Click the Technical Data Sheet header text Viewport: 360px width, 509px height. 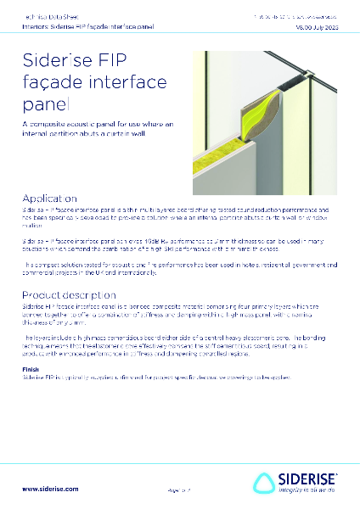[42, 16]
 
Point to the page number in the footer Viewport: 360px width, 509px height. [179, 490]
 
